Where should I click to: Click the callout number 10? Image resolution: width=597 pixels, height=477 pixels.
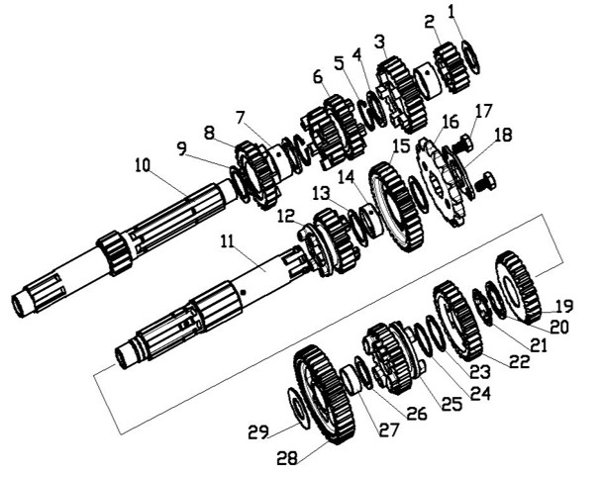coord(143,166)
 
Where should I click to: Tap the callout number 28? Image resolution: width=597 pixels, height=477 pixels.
coord(287,457)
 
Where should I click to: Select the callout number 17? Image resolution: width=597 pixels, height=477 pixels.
coord(483,112)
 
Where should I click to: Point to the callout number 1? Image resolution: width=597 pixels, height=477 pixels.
coord(451,12)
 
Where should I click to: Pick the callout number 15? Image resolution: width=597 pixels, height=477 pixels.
coord(399,146)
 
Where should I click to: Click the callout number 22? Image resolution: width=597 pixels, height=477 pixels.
coord(519,361)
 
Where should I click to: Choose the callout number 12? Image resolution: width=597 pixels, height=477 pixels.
coord(285,217)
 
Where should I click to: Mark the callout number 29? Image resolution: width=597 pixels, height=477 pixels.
coord(259,432)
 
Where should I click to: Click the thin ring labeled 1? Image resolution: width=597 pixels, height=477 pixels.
coord(470,57)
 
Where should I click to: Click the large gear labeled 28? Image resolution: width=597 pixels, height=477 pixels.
coord(325,395)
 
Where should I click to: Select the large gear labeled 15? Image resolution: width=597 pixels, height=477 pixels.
coord(396,206)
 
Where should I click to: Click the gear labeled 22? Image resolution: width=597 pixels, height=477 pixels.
coord(457,321)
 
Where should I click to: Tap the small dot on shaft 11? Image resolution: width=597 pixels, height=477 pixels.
coord(244,292)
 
